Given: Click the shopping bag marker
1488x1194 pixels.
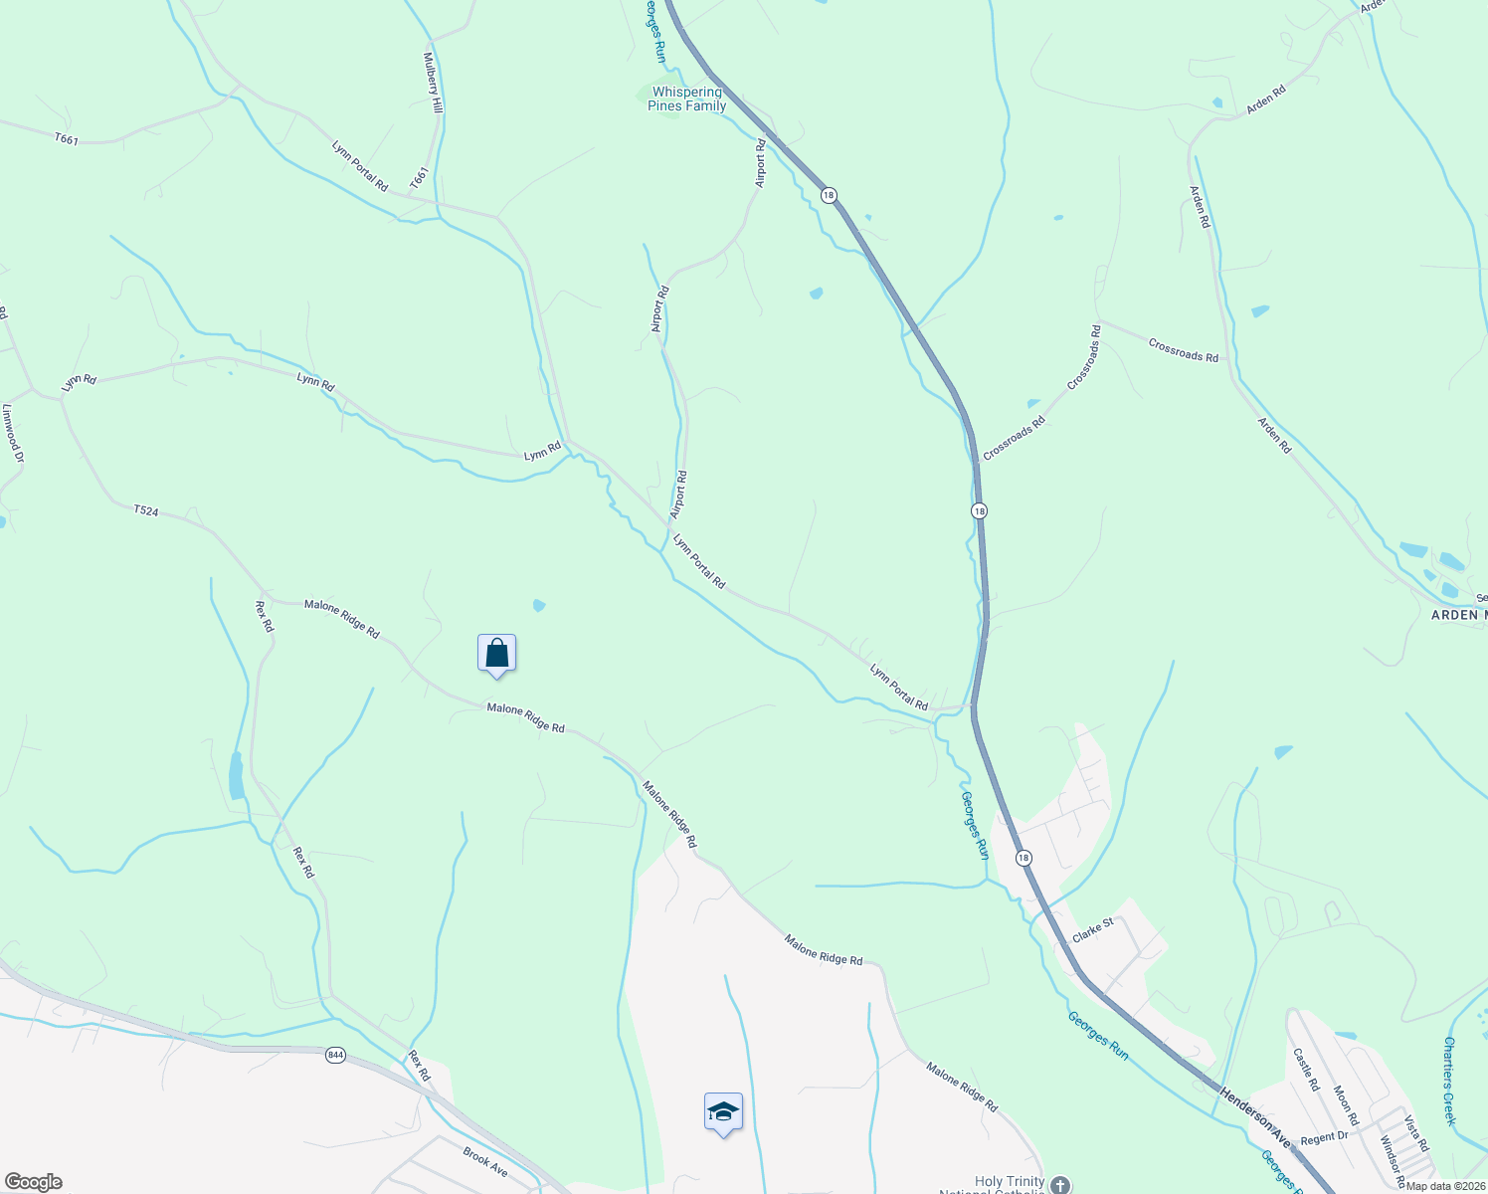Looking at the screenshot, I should (496, 654).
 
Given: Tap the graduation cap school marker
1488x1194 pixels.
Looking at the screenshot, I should (723, 1112).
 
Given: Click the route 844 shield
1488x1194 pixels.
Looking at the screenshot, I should (335, 1055).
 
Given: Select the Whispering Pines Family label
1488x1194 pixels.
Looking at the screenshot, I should (686, 99).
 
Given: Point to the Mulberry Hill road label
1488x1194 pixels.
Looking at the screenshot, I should (434, 83).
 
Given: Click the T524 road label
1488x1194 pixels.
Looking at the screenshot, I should (146, 510).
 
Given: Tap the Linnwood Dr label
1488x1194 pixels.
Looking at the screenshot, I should (12, 433).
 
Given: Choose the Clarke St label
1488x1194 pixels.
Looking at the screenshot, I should (1092, 931).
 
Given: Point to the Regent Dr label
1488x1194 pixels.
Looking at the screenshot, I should (1324, 1137).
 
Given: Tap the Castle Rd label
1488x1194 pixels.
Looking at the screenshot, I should (1305, 1069).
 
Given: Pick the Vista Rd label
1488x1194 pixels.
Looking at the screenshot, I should (1416, 1132).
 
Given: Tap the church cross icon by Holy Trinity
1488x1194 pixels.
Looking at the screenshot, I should (1060, 1185).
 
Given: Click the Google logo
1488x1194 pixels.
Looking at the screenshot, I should (33, 1182).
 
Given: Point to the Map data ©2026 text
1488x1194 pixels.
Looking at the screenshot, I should (1445, 1186).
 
